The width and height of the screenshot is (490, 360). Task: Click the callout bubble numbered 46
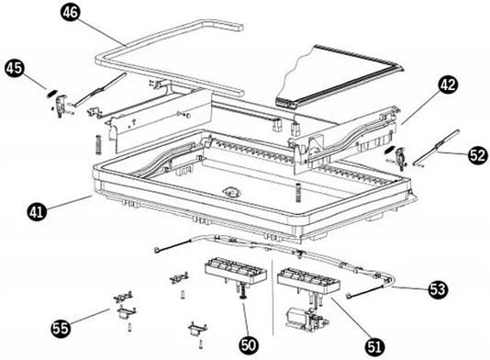71,13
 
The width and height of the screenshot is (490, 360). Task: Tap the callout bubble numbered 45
15,68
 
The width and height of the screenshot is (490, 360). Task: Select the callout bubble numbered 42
448,84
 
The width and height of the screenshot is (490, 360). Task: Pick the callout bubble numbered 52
478,155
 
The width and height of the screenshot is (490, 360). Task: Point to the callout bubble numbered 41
37,211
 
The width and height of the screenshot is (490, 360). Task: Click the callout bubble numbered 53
438,289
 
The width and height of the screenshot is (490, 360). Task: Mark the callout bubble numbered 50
250,345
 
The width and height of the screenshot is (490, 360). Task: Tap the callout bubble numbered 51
375,346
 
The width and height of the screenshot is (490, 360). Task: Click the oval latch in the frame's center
231,191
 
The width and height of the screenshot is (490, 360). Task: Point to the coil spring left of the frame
99,144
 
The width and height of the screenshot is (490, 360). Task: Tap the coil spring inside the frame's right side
298,191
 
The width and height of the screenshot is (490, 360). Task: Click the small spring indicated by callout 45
52,94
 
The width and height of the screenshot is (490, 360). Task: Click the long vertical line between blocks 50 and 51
273,298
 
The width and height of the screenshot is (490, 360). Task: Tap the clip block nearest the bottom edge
197,330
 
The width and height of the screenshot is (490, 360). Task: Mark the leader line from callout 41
70,203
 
